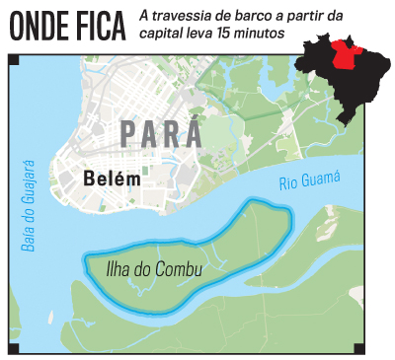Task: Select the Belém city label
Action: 113,180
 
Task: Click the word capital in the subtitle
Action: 162,34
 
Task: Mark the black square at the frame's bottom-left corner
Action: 12,349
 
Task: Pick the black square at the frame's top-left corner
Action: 12,61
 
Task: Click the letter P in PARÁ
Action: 128,134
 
